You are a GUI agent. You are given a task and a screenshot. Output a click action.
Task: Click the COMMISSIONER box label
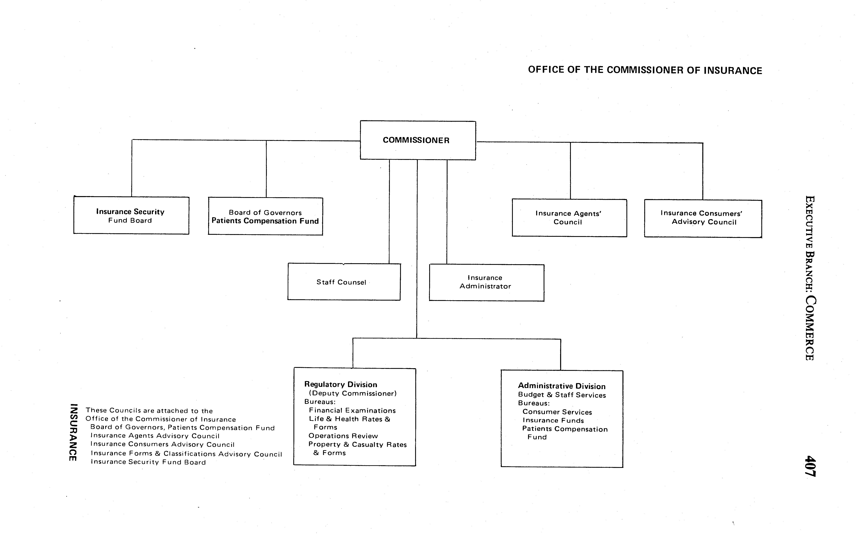[x=416, y=140]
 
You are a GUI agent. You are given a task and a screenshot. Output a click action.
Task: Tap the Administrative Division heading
[x=561, y=386]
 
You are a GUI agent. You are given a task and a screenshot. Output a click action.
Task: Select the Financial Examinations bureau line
[x=352, y=411]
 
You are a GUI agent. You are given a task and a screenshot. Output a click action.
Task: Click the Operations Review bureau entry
[x=343, y=436]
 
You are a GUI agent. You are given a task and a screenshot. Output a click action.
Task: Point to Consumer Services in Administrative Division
[x=557, y=412]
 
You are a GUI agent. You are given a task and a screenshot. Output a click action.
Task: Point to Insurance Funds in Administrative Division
[x=553, y=420]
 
